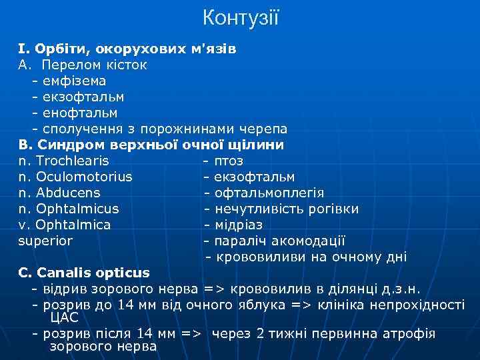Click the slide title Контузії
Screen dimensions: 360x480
[x=240, y=17]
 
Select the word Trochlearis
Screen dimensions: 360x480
[x=73, y=161]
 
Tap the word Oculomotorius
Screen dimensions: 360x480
[x=84, y=177]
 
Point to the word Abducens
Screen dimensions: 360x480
[x=68, y=193]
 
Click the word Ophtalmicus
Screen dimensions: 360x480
[x=77, y=209]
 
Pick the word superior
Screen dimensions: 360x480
[x=45, y=241]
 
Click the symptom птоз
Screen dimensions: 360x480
[x=229, y=161]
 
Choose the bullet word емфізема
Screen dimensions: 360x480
[x=74, y=81]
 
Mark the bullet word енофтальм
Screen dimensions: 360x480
[x=79, y=113]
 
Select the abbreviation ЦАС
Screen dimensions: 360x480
[x=64, y=317]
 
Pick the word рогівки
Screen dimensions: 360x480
[x=335, y=209]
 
